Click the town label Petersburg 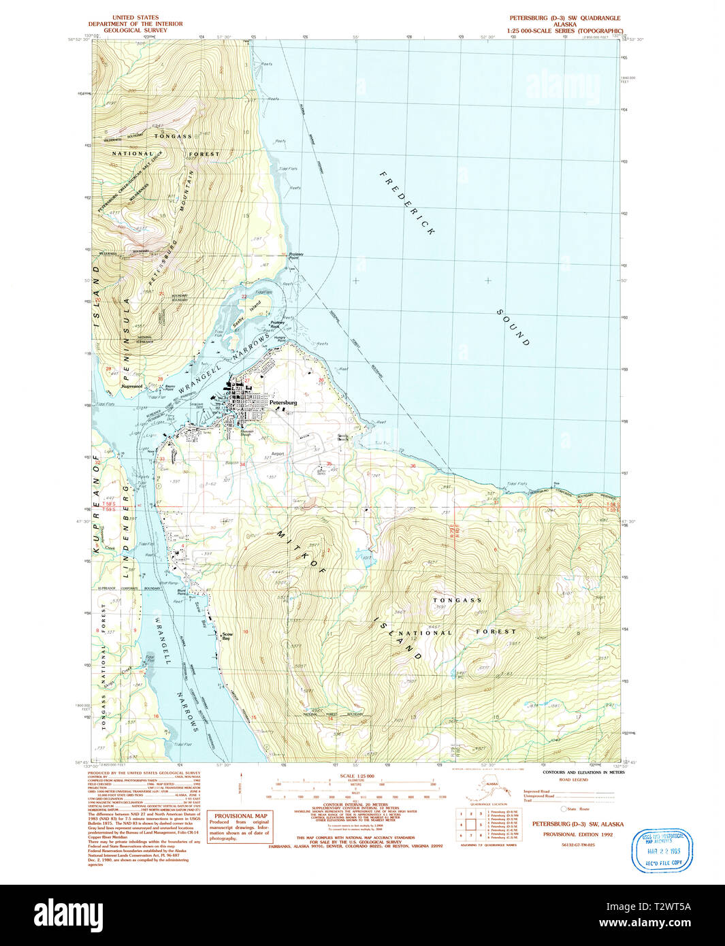click(x=283, y=402)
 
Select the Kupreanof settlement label click(x=132, y=386)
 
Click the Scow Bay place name click(x=227, y=637)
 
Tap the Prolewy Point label click(x=295, y=257)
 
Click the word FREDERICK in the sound click(x=406, y=203)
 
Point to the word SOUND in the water click(x=513, y=327)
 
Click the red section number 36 click(x=413, y=466)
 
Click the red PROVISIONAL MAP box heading click(x=240, y=815)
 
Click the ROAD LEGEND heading click(x=573, y=779)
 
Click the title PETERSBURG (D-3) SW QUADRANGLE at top click(x=565, y=18)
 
